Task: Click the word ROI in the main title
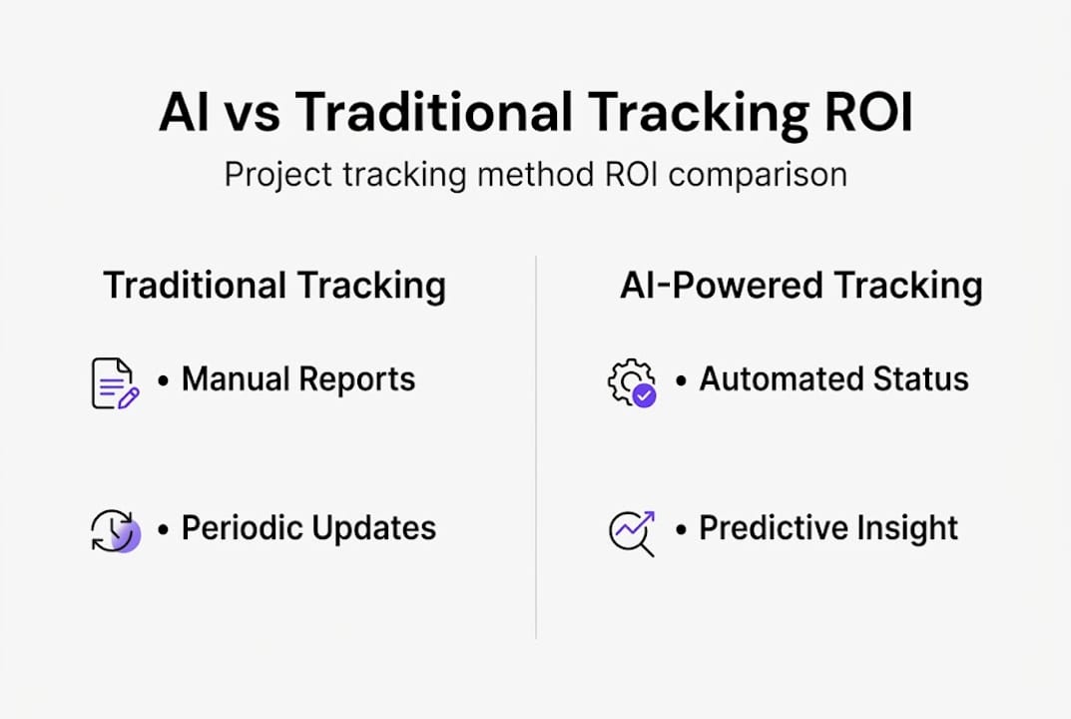click(x=868, y=112)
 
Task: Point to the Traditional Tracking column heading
click(x=274, y=286)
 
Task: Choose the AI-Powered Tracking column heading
click(x=802, y=286)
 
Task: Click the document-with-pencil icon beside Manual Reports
click(x=115, y=383)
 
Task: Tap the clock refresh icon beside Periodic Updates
click(x=115, y=530)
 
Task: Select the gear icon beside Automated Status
click(x=632, y=383)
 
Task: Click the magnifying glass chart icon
click(x=632, y=533)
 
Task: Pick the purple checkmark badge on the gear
click(x=644, y=395)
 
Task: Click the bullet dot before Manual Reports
click(x=163, y=380)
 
